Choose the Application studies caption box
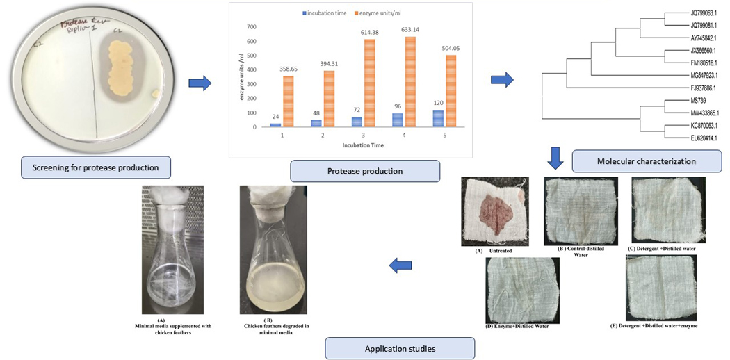coord(399,348)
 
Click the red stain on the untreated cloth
coord(498,211)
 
